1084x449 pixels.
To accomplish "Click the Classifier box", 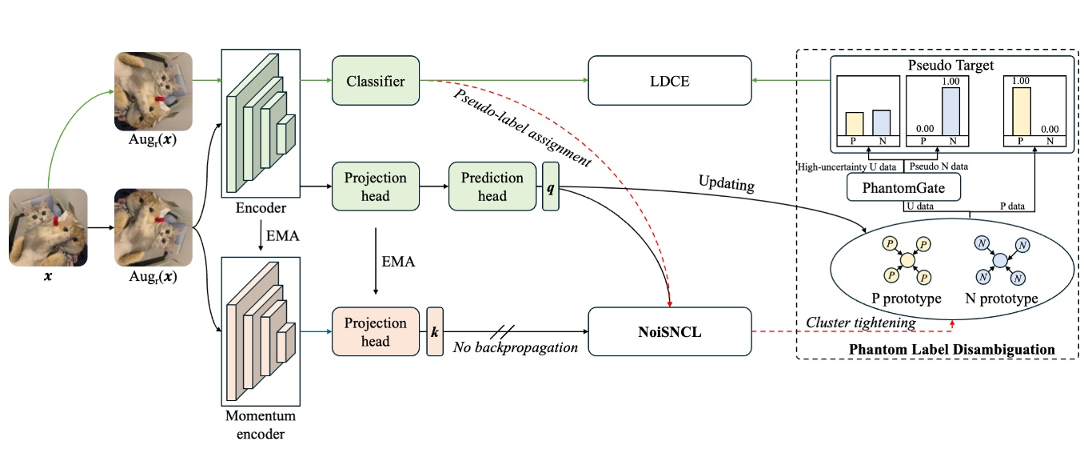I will point(375,81).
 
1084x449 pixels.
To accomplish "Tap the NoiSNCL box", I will point(670,331).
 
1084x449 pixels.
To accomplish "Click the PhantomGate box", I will point(903,189).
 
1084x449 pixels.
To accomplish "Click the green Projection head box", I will point(375,186).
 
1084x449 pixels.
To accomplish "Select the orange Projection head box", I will point(375,331).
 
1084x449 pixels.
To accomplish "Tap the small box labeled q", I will point(551,186).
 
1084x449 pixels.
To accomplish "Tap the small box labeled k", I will point(435,331).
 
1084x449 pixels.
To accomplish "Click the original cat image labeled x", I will point(48,227).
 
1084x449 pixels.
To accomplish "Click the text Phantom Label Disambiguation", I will point(951,350).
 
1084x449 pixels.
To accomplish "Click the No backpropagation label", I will point(515,347).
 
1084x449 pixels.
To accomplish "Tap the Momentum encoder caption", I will point(260,425).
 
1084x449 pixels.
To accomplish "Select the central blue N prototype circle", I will point(998,259).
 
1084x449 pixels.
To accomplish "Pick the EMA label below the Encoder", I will point(283,238).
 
